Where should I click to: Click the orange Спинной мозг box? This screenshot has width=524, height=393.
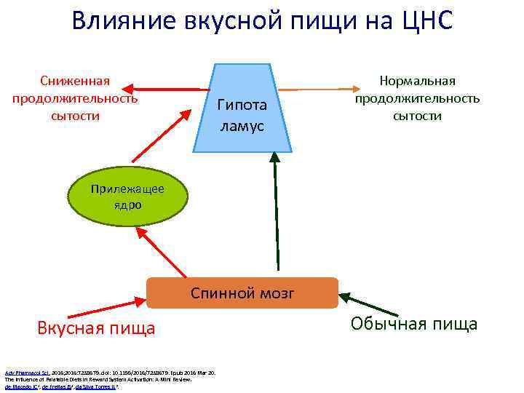pos(242,293)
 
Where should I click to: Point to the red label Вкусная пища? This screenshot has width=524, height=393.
pos(96,328)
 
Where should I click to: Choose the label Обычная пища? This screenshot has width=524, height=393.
pos(414,324)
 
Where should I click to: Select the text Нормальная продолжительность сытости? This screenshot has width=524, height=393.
pos(417,98)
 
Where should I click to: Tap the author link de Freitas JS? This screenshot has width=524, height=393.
pos(55,387)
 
